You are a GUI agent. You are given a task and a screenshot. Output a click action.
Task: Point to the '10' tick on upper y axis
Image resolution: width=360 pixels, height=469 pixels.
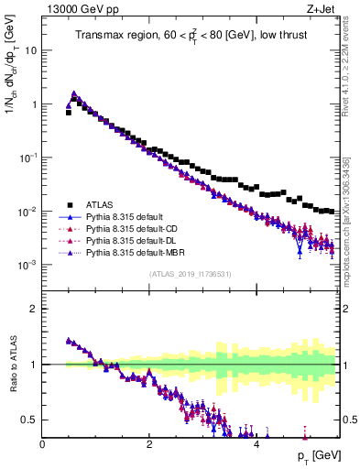click(x=31, y=50)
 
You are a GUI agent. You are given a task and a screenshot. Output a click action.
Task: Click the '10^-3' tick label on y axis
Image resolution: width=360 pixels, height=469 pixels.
click(x=28, y=265)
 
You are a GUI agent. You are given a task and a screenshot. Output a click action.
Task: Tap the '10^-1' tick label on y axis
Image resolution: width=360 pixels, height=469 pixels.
click(x=28, y=158)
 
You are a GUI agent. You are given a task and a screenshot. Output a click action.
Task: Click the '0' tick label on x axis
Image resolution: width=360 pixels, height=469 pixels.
click(x=42, y=445)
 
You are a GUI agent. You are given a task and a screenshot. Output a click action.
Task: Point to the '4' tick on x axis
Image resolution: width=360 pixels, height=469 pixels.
click(x=256, y=445)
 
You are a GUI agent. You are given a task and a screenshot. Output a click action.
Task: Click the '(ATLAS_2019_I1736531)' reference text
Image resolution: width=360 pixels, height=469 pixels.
click(x=191, y=274)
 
